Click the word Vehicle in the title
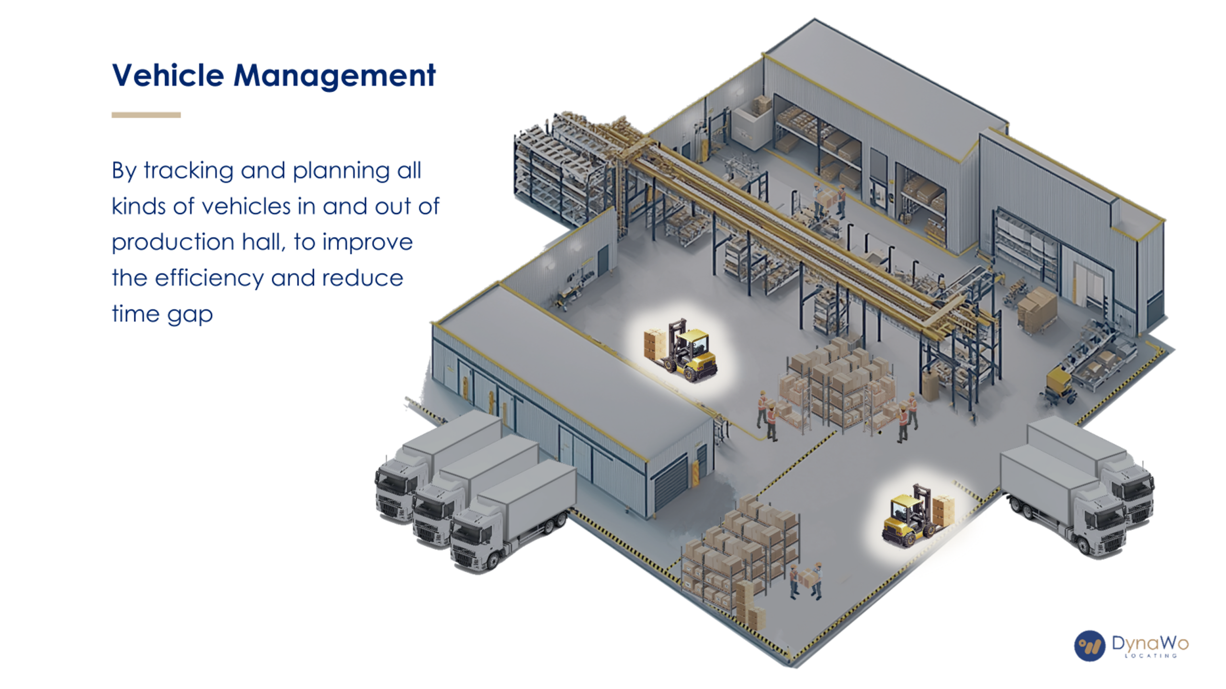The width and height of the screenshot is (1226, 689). (168, 75)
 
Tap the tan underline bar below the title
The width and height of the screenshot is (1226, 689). (146, 115)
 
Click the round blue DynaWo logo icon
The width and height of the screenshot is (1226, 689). (1090, 646)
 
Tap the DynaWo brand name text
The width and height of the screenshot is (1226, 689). (1150, 643)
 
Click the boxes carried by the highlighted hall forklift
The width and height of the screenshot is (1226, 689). (654, 344)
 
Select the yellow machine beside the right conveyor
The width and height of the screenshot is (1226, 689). (1059, 384)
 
